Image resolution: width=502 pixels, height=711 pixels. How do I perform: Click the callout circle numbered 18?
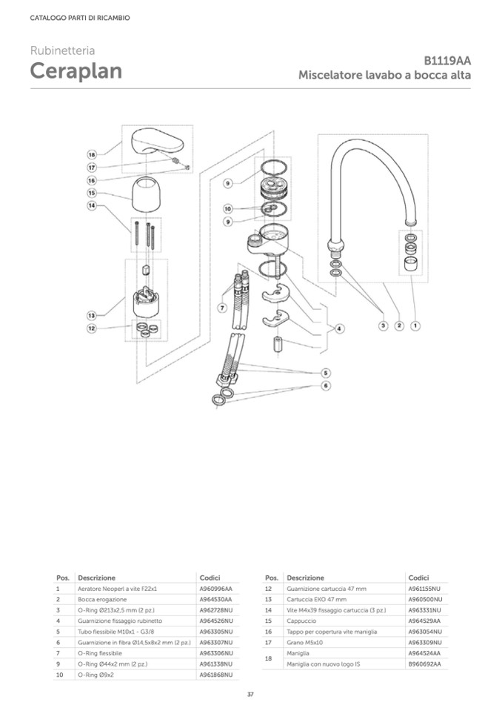click(x=92, y=154)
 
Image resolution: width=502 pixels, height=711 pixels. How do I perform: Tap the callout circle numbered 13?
click(x=92, y=316)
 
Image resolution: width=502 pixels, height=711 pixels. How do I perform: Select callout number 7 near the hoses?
click(x=221, y=307)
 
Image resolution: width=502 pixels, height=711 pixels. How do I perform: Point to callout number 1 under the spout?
click(x=415, y=325)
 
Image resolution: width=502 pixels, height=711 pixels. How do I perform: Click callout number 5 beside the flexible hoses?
click(x=326, y=372)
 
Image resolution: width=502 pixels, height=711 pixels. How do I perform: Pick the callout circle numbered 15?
click(x=92, y=193)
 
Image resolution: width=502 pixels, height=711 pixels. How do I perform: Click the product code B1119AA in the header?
click(x=447, y=62)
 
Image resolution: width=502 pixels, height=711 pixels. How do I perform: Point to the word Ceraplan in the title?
click(x=76, y=72)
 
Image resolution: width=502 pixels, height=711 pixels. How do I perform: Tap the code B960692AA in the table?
click(x=424, y=664)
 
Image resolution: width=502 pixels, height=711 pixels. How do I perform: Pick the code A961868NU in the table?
click(x=216, y=675)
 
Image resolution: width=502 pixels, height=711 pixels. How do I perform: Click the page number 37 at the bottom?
click(x=250, y=695)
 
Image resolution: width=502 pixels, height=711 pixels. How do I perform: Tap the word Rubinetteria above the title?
click(x=62, y=50)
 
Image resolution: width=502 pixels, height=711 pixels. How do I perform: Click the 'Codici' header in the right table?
click(x=418, y=578)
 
